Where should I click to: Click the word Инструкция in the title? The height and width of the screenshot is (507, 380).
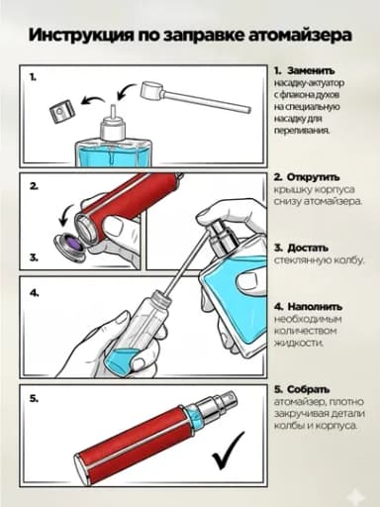[x=81, y=36]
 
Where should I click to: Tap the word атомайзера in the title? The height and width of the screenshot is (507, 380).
[x=300, y=35]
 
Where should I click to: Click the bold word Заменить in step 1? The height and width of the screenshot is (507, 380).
[x=311, y=71]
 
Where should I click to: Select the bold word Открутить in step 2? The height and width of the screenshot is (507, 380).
[x=313, y=177]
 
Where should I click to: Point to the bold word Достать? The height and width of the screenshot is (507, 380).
[x=308, y=248]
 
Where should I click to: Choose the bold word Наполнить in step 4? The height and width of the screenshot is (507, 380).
[x=315, y=307]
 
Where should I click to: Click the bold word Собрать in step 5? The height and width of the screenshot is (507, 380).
[x=308, y=389]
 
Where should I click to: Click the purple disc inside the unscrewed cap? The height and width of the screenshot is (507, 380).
[x=75, y=244]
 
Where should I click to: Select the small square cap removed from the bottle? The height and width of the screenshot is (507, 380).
[x=62, y=112]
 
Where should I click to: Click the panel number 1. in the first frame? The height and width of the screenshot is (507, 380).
[x=33, y=77]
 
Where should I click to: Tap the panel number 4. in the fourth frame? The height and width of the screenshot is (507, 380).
[x=34, y=293]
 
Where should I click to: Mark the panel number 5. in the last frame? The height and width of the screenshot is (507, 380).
[x=34, y=399]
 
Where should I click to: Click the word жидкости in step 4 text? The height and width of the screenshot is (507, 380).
[x=299, y=343]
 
